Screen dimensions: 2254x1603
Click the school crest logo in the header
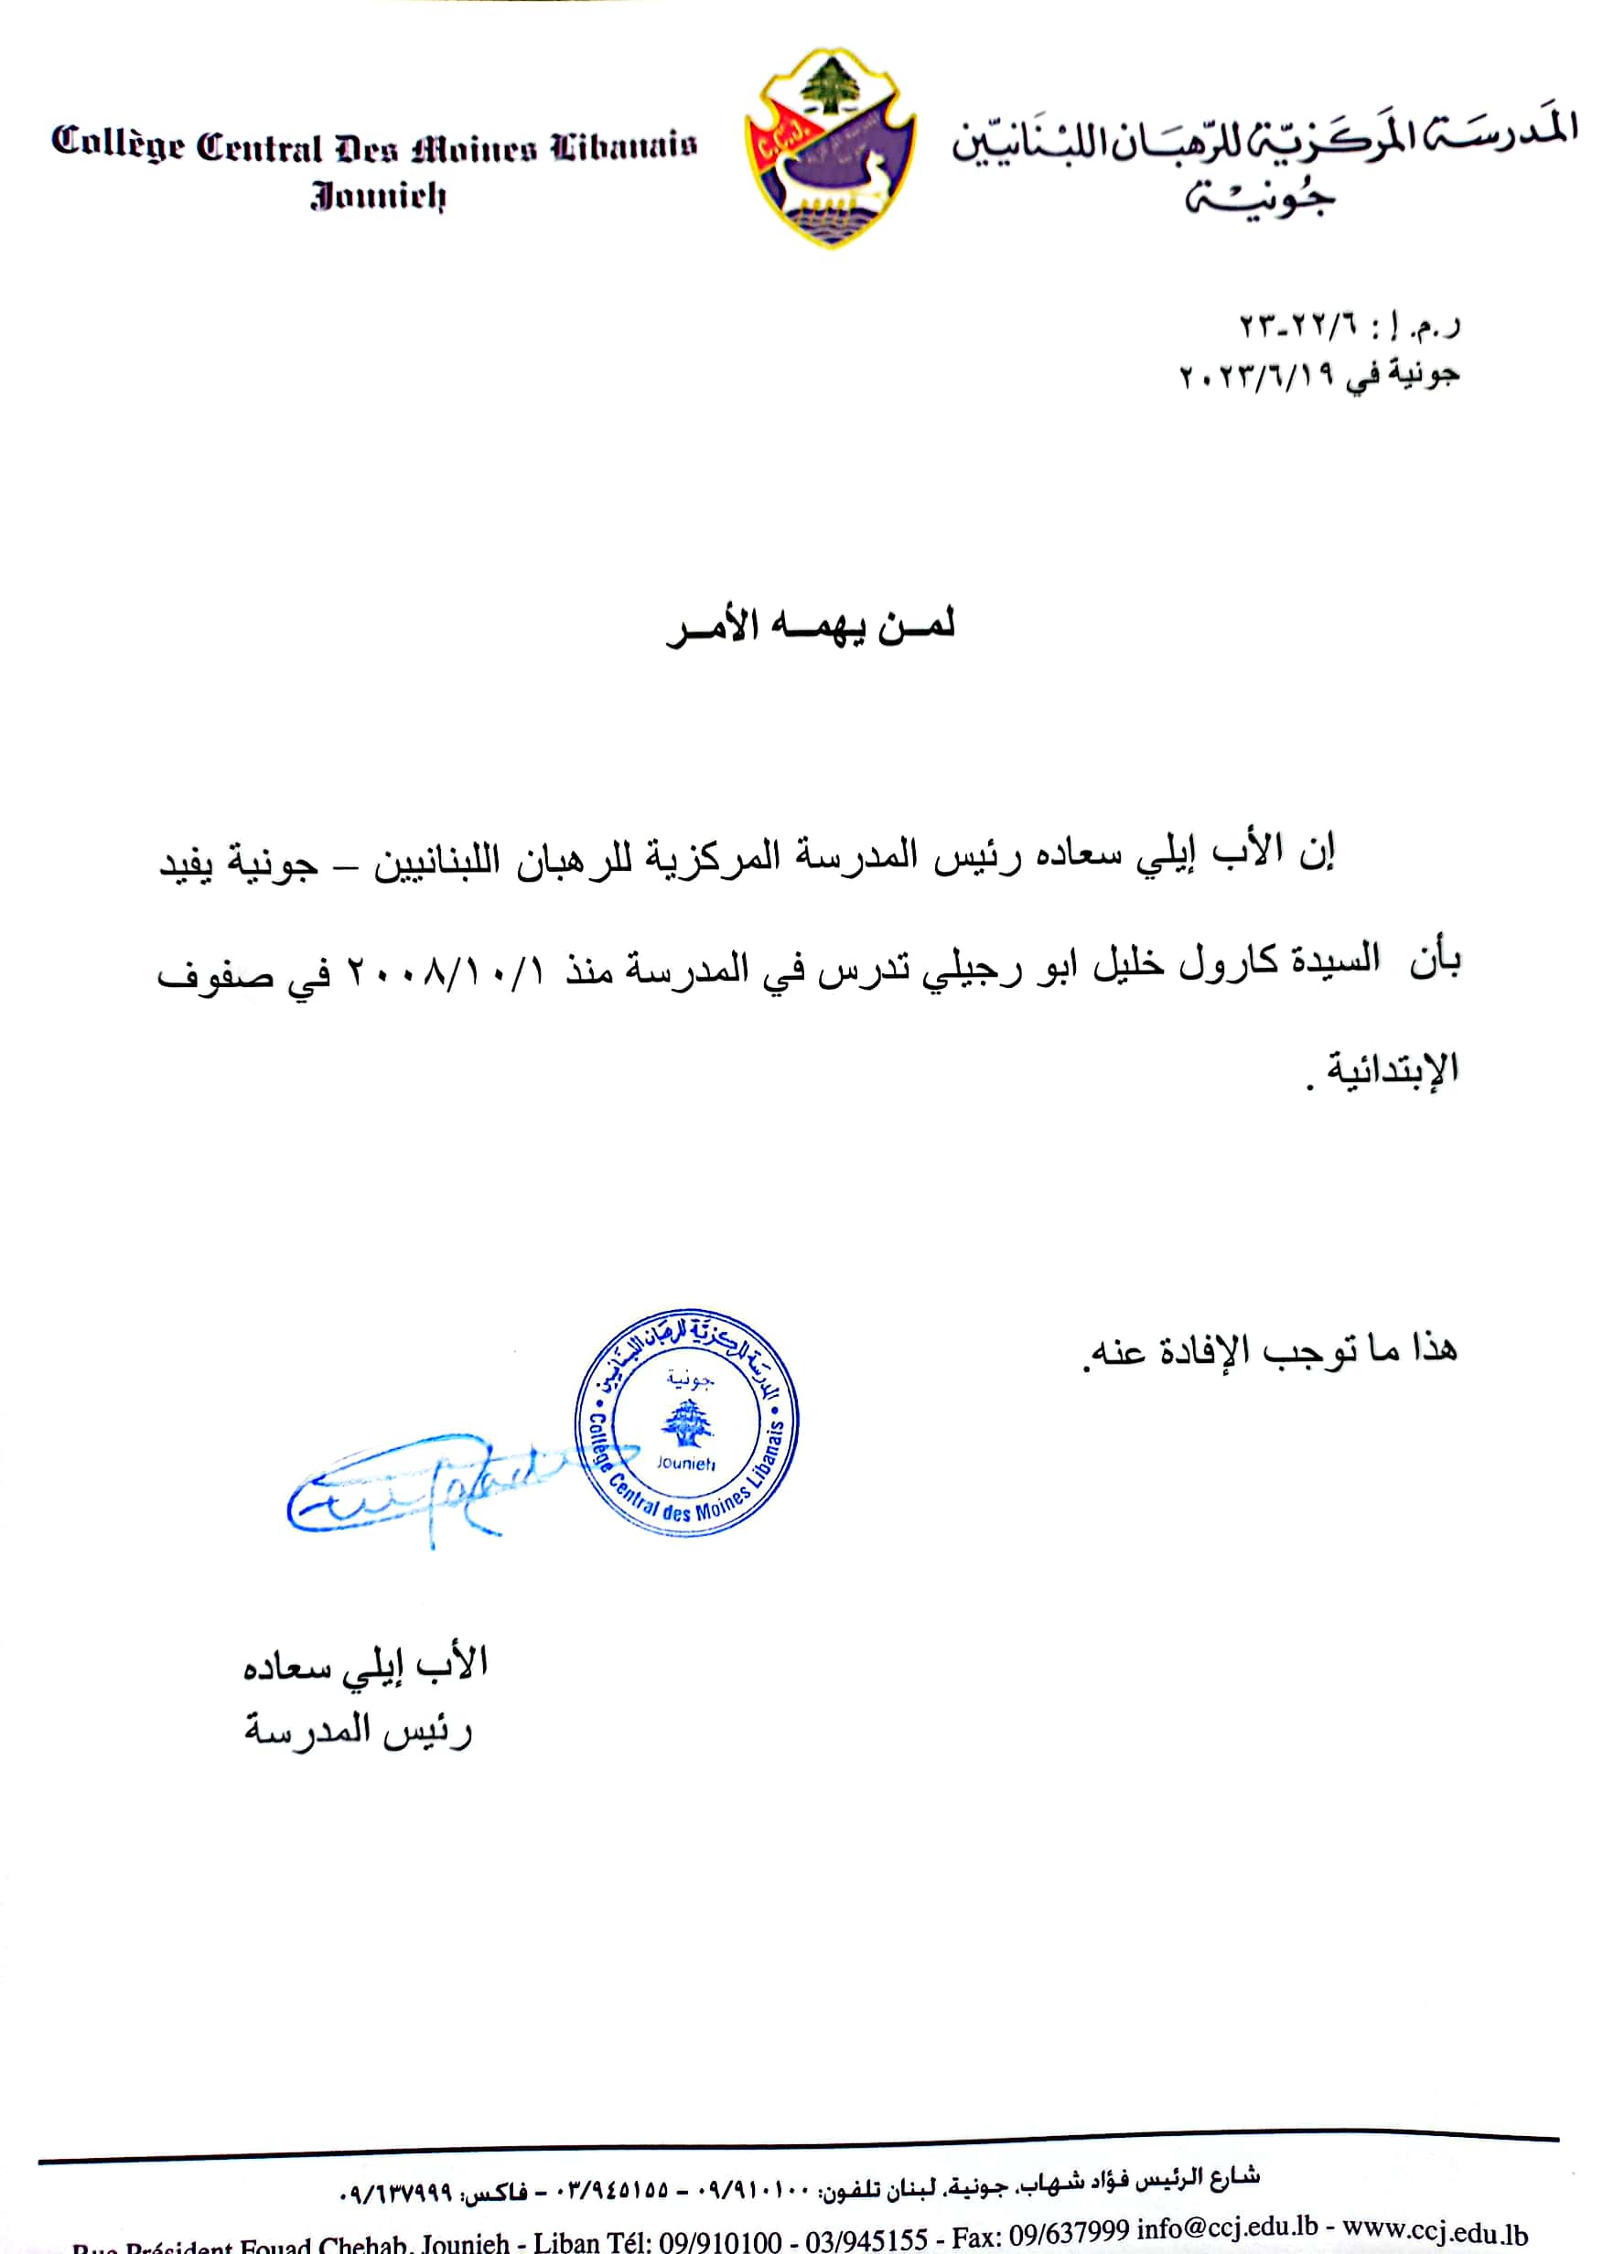click(x=830, y=148)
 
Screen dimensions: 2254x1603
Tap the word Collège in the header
click(x=117, y=145)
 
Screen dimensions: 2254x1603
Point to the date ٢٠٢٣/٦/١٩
click(x=1255, y=375)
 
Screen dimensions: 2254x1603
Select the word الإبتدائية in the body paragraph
click(x=1392, y=1068)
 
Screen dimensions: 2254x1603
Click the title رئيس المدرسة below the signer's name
click(x=360, y=1730)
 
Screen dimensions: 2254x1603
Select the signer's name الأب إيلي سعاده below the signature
click(x=365, y=1665)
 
